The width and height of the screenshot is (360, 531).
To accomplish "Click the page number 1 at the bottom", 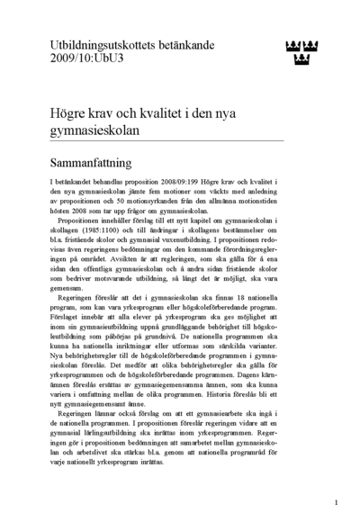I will click(335, 503).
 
